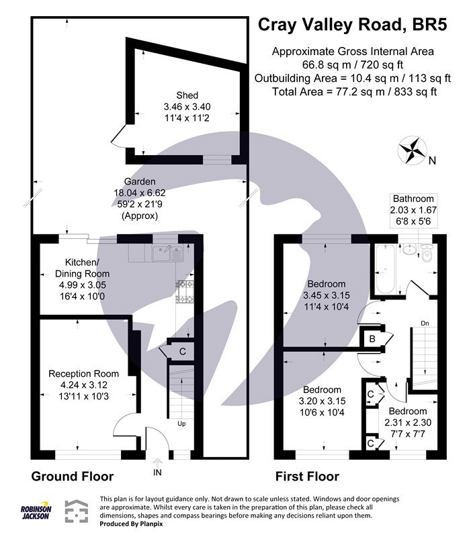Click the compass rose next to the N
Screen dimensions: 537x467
tap(411, 150)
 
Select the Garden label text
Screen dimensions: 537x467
tap(139, 181)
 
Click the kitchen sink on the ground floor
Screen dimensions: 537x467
tap(167, 252)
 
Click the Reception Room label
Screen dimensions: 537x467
tap(83, 373)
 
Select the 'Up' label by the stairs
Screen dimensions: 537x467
tap(181, 424)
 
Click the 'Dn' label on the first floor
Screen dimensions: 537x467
tap(425, 323)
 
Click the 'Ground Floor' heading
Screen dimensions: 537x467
tap(73, 477)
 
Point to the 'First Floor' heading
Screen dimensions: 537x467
tap(307, 477)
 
